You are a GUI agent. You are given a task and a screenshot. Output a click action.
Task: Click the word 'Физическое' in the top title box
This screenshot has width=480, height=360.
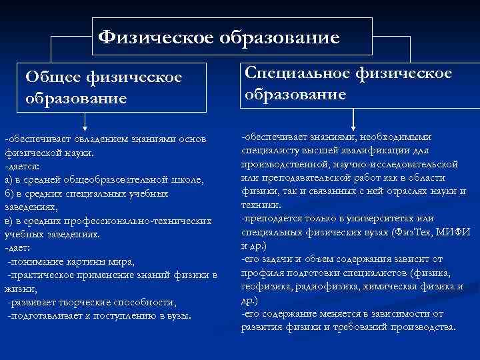pos(155,37)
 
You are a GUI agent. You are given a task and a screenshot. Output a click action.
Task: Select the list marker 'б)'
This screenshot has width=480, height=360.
pos(9,193)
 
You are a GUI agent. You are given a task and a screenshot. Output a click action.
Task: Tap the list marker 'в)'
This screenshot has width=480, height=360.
pos(9,221)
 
